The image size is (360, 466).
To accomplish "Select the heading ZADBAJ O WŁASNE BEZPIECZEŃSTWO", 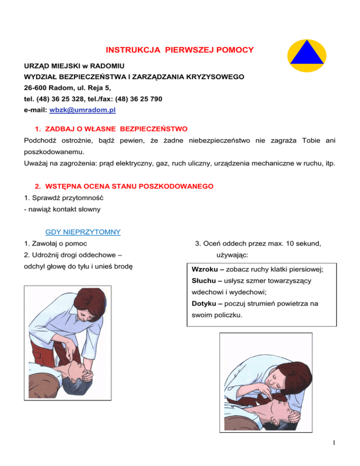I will click(111, 128).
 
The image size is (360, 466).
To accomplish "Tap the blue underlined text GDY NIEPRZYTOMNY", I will click(82, 232).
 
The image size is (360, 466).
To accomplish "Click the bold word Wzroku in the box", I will click(204, 270).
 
